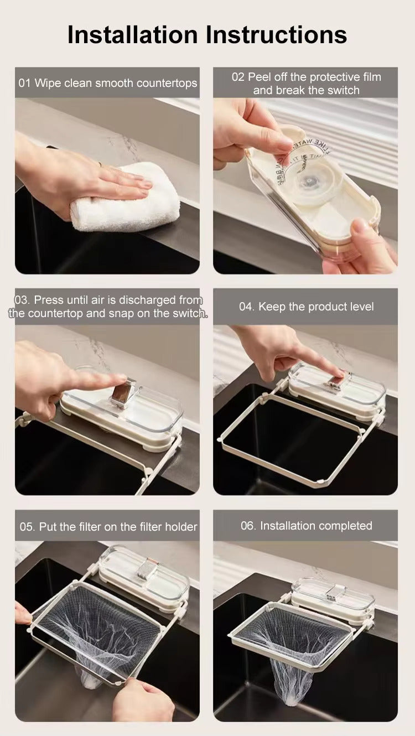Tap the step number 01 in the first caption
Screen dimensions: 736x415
click(x=25, y=83)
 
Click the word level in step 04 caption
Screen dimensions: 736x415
click(x=359, y=307)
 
